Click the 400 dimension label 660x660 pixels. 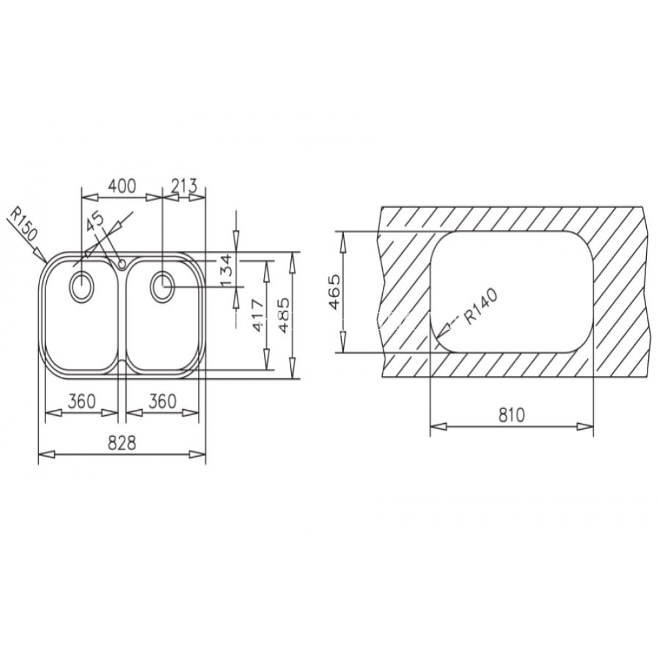tap(123, 185)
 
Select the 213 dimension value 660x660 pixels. tap(184, 185)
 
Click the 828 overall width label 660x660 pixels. tap(123, 443)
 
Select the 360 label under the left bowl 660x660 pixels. tap(82, 401)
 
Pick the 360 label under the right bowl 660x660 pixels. tap(162, 401)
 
